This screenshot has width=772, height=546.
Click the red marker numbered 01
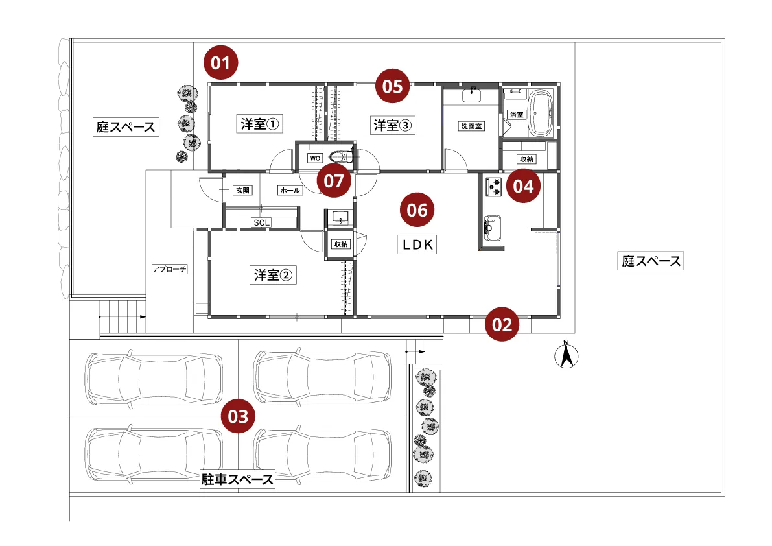(x=221, y=63)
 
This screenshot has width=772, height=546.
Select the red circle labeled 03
(x=238, y=416)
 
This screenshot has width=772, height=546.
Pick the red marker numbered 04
(x=523, y=186)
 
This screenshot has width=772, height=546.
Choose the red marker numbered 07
(x=334, y=181)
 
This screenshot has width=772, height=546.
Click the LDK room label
(x=418, y=244)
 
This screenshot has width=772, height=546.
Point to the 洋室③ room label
(x=392, y=126)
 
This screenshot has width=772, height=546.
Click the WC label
(x=314, y=158)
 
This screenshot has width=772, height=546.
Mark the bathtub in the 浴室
(x=540, y=114)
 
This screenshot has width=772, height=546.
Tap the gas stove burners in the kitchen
(x=492, y=186)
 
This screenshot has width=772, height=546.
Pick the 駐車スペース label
(x=238, y=480)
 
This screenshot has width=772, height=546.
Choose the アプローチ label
(x=170, y=269)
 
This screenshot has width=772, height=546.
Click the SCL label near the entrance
(x=262, y=222)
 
